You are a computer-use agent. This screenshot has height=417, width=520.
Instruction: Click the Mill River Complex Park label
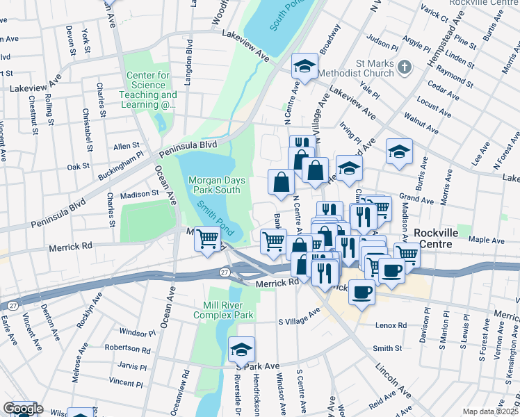[x=228, y=310]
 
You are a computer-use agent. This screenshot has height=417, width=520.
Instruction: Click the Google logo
[x=23, y=409]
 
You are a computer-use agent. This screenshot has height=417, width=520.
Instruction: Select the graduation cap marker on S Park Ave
[x=241, y=350]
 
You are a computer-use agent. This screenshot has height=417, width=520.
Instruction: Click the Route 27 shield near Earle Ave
[x=13, y=304]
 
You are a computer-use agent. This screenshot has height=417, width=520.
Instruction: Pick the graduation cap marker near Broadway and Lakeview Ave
[x=303, y=67]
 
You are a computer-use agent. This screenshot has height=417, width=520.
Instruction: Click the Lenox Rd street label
[x=392, y=325]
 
